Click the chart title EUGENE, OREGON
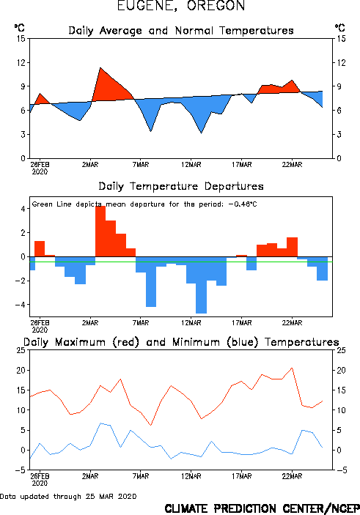coord(181,6)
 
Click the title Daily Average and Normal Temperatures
coord(181,31)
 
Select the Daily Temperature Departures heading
coord(181,186)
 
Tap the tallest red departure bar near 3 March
coord(100,231)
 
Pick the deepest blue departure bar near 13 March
coord(201,285)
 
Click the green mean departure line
coord(181,262)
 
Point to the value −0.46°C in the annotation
coord(243,204)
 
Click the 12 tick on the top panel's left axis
coord(21,62)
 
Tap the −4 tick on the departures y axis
coord(20,305)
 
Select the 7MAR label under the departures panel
coord(141,323)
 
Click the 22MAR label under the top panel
coord(292,165)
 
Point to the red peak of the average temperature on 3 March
coord(100,68)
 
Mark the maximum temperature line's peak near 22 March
coord(292,368)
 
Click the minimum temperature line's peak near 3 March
coord(100,423)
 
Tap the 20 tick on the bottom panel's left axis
coord(21,370)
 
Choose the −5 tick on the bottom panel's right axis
coord(340,470)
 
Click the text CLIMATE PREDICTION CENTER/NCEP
coord(262,508)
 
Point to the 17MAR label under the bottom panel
coord(242,476)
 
